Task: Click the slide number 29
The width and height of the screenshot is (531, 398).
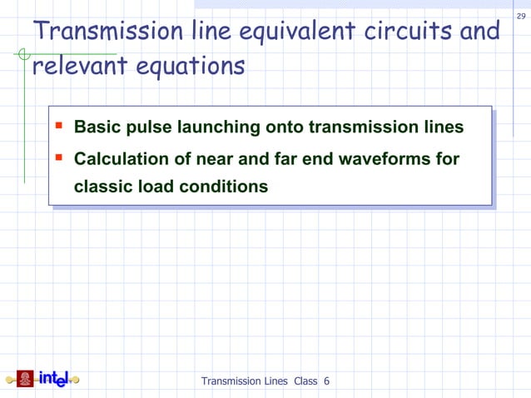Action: click(521, 17)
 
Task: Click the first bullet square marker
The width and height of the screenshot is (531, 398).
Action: click(58, 127)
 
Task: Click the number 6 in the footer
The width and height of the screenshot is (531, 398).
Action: click(327, 381)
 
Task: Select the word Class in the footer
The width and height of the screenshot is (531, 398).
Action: click(305, 381)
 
